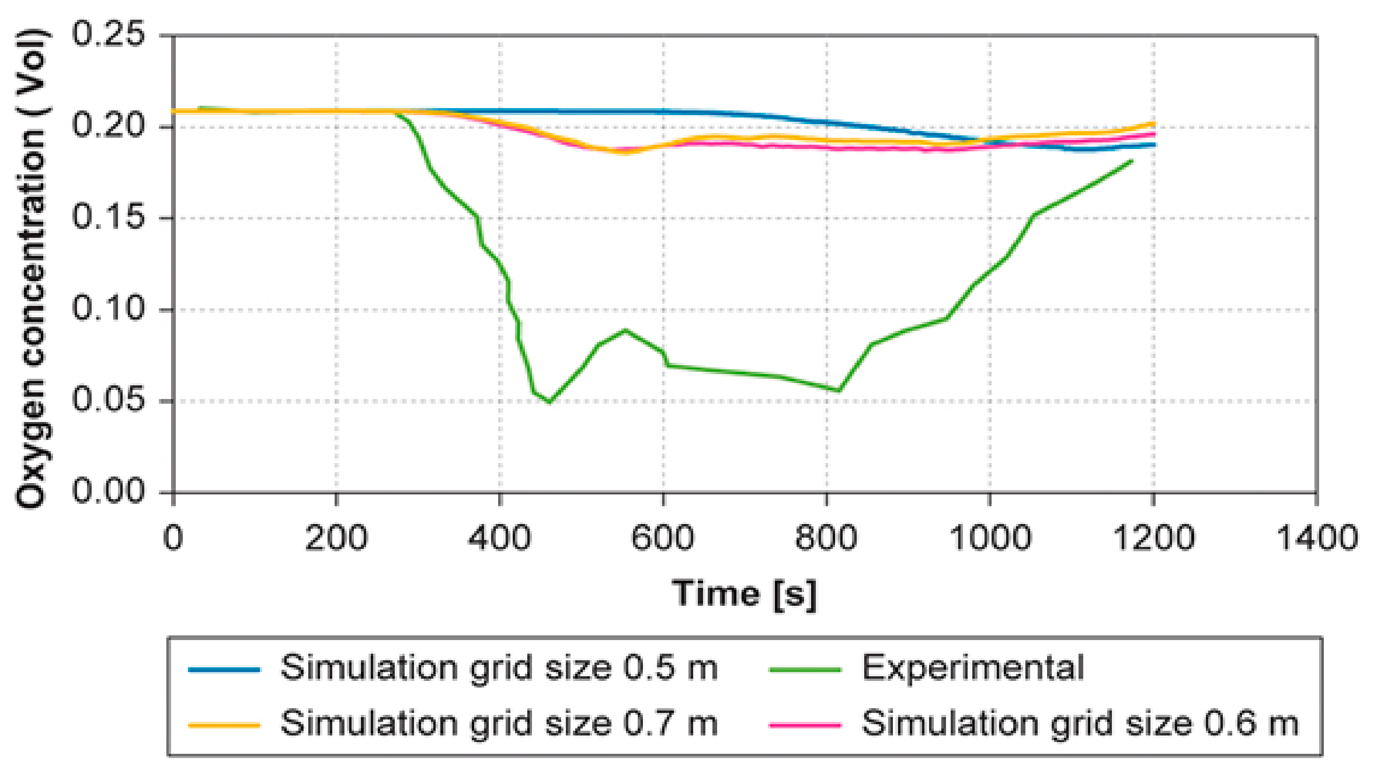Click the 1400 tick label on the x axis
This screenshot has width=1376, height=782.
click(1316, 537)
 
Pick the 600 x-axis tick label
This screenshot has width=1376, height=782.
click(663, 537)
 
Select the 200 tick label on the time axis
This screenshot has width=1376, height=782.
click(336, 537)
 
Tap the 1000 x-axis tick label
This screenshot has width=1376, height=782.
click(990, 537)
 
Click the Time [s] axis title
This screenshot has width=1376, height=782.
click(744, 594)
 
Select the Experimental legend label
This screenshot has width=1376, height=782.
click(973, 668)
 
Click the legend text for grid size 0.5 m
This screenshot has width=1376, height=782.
click(499, 668)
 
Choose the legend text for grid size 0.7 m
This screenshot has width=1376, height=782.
click(499, 723)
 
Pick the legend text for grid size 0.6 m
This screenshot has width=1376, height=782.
click(1080, 723)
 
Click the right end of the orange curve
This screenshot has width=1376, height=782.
click(1154, 124)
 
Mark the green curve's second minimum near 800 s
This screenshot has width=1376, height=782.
click(838, 391)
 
